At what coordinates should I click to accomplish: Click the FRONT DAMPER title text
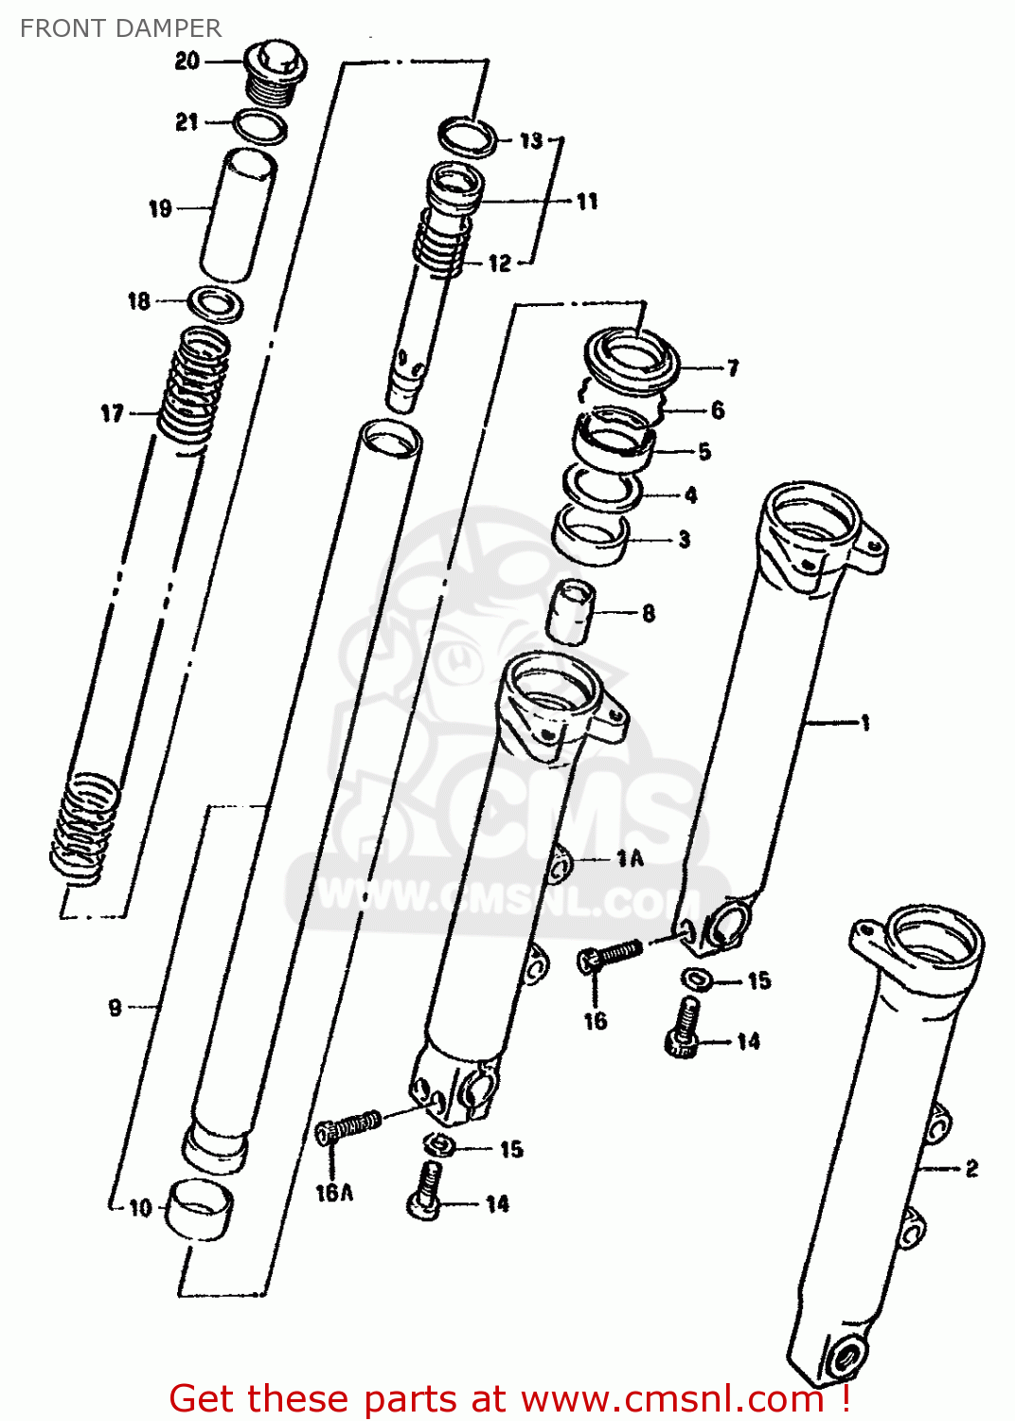coord(120,28)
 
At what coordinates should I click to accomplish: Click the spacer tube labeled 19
coord(239,216)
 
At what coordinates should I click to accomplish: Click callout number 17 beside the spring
coord(112,413)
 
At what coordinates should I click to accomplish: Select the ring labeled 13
coord(468,137)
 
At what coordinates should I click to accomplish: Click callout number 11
coord(587,201)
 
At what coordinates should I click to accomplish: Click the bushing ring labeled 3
coord(592,537)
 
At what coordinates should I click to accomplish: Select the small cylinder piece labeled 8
coord(571,612)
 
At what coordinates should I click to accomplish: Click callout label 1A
coord(630,858)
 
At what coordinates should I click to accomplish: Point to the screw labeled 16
coord(611,953)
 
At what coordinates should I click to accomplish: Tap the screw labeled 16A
coord(348,1126)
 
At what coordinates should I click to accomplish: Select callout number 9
coord(115,1007)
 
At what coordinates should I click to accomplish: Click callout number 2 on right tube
coord(971,1168)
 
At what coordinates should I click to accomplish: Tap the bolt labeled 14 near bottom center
coord(426,1190)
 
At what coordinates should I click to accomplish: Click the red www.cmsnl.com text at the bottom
coord(671,1398)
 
